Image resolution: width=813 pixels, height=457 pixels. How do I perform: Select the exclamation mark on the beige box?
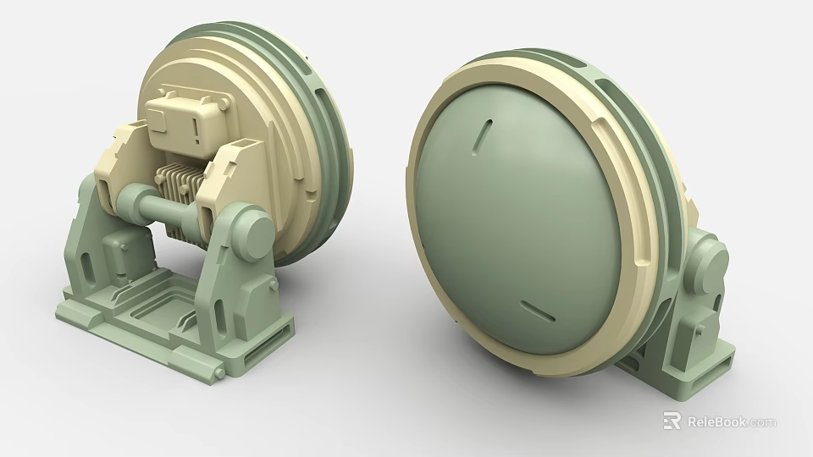click(x=196, y=128)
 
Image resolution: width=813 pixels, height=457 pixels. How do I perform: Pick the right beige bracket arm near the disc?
click(x=233, y=169)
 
